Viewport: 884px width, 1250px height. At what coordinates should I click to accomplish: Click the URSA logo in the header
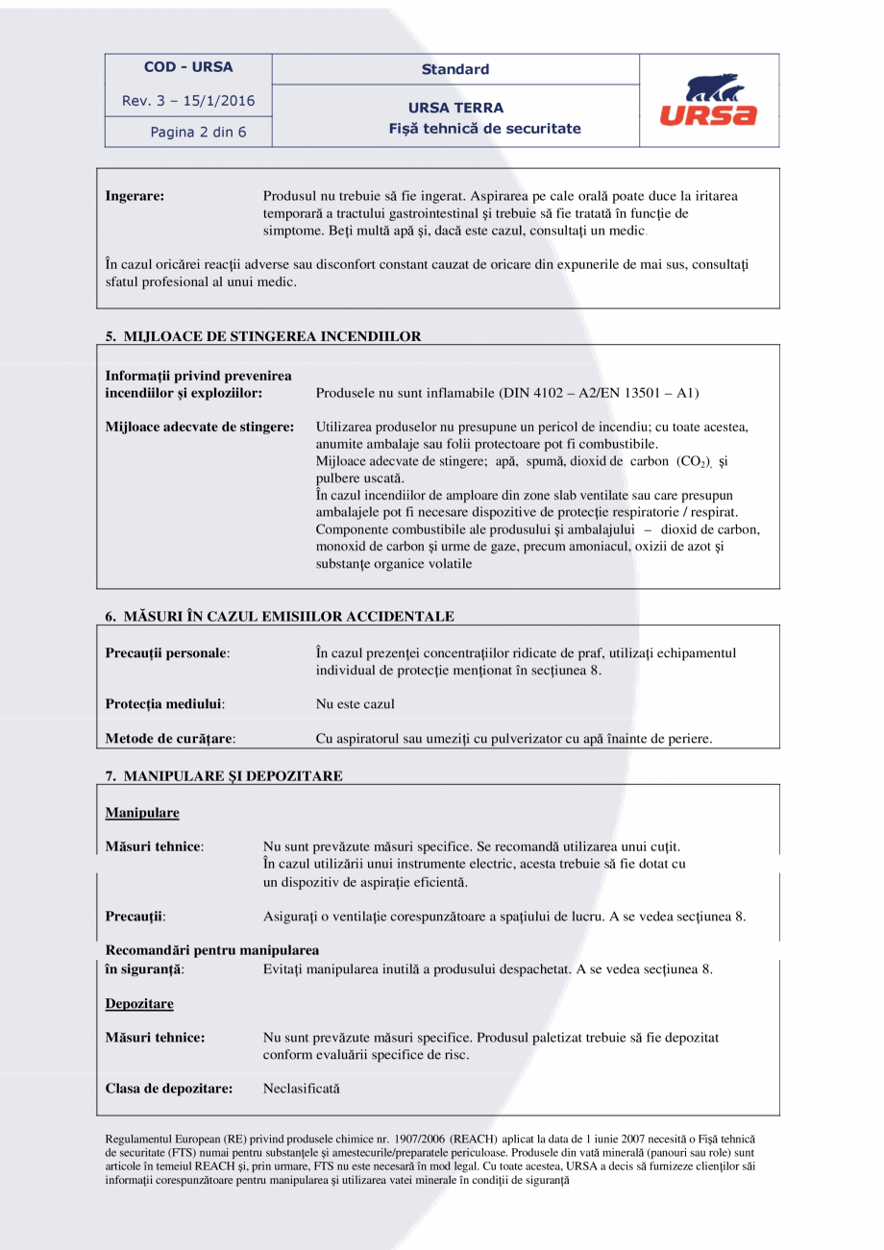tap(708, 102)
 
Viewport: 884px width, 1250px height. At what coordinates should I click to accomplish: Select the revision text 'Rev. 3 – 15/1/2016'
tap(188, 101)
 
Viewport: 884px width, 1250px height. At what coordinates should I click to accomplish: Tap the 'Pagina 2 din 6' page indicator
tap(198, 133)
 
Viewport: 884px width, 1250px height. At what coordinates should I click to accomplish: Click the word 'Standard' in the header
tap(455, 69)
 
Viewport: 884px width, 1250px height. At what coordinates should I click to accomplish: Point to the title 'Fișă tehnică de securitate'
tap(484, 128)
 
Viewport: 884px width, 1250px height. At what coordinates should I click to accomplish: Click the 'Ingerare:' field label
tap(135, 196)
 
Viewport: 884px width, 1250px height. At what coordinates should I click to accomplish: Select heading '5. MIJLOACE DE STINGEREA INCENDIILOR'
tap(263, 336)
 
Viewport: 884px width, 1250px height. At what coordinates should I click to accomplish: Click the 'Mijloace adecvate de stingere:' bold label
tap(199, 426)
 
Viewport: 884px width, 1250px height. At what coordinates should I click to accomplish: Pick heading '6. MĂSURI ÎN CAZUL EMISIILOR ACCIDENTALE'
tap(280, 616)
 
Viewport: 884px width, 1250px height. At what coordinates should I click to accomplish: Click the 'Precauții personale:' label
tap(167, 653)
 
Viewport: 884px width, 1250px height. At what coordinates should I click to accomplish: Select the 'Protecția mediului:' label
tap(164, 704)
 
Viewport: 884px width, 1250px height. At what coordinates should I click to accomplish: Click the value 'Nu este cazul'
tap(355, 704)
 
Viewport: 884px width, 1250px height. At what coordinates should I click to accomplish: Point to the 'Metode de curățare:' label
tap(170, 739)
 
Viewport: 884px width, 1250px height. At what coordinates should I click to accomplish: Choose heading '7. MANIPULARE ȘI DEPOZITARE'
tap(224, 775)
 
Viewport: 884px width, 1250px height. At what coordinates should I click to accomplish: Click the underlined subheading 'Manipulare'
tap(142, 813)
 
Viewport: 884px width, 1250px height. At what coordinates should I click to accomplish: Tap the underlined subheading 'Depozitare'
tap(139, 1003)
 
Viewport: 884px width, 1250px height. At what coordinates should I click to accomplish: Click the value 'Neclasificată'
tap(301, 1089)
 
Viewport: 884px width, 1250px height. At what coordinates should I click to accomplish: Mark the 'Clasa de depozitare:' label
tap(169, 1089)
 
